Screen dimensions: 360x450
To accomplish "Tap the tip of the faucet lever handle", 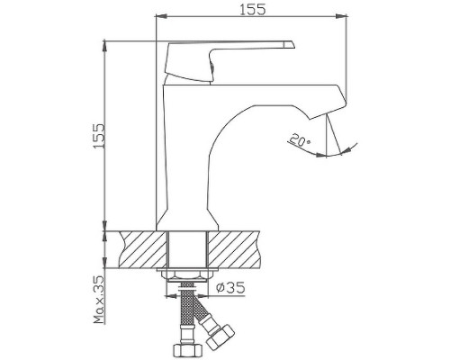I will (x=290, y=44).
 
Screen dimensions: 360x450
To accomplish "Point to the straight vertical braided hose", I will (x=188, y=310).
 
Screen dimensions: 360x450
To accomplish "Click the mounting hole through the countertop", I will (x=188, y=247).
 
